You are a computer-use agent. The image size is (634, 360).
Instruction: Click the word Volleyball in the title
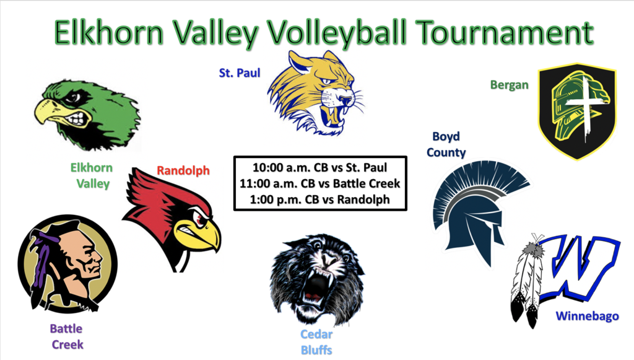click(x=337, y=33)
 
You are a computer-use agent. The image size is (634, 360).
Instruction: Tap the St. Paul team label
click(x=240, y=73)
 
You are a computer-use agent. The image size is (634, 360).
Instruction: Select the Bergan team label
click(x=510, y=85)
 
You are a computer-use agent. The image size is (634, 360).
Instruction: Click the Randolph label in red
click(x=183, y=170)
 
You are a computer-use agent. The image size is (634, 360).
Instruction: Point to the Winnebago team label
click(x=588, y=316)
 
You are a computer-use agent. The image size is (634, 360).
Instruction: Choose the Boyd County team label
click(x=446, y=144)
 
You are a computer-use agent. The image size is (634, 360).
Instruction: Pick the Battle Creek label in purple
click(x=67, y=336)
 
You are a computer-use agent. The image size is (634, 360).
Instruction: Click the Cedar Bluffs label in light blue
click(x=316, y=342)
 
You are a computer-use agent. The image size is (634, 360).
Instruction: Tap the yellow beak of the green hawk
click(x=51, y=112)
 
